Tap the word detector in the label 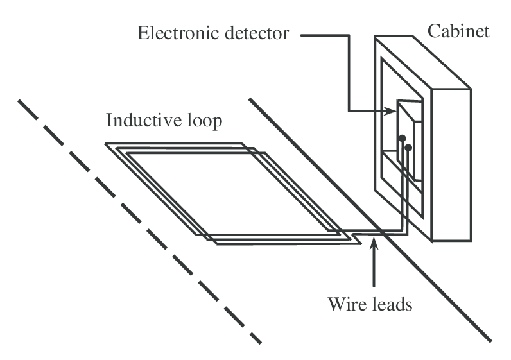pyautogui.click(x=255, y=33)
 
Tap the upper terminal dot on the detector pyautogui.click(x=402, y=138)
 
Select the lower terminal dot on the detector pyautogui.click(x=408, y=148)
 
